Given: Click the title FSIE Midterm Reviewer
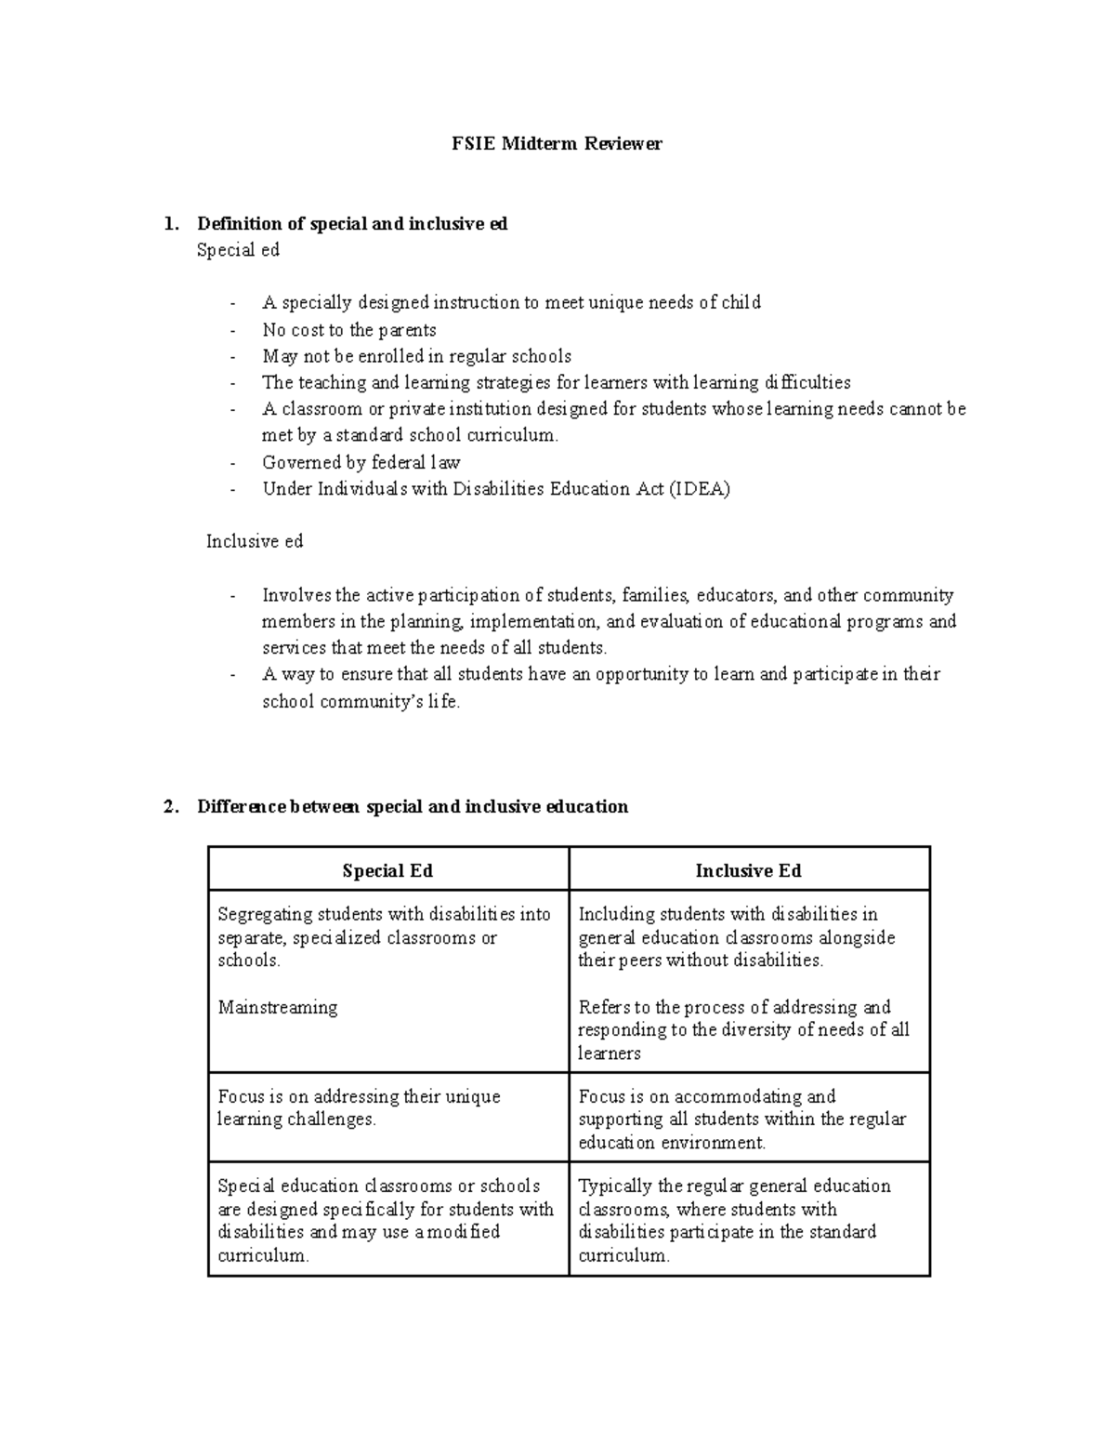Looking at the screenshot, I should coord(557,144).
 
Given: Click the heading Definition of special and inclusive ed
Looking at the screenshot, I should coord(352,224).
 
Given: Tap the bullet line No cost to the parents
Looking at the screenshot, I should coord(349,330).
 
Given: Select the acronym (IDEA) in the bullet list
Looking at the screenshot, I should coord(699,489).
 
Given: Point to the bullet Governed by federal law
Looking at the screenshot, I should coord(361,462).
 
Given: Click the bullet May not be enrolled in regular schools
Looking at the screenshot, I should coord(416,356).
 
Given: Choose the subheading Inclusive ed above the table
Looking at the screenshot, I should coord(255,541).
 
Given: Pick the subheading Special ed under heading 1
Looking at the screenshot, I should coord(238,250).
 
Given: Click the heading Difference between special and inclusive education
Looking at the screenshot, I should coord(413,806).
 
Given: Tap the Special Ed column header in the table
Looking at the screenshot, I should coord(387,871).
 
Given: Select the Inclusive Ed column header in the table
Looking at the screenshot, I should coord(748,871).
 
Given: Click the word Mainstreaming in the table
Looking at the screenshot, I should coord(277,1007).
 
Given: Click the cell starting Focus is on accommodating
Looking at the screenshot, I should coord(741,1119).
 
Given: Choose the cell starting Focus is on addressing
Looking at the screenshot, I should coord(359,1107).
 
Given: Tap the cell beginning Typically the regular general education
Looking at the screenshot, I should coord(734,1220).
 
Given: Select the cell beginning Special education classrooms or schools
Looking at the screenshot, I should coord(385,1220).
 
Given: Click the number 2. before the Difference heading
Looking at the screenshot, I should coord(170,806).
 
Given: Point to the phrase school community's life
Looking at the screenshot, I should coord(361,702).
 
